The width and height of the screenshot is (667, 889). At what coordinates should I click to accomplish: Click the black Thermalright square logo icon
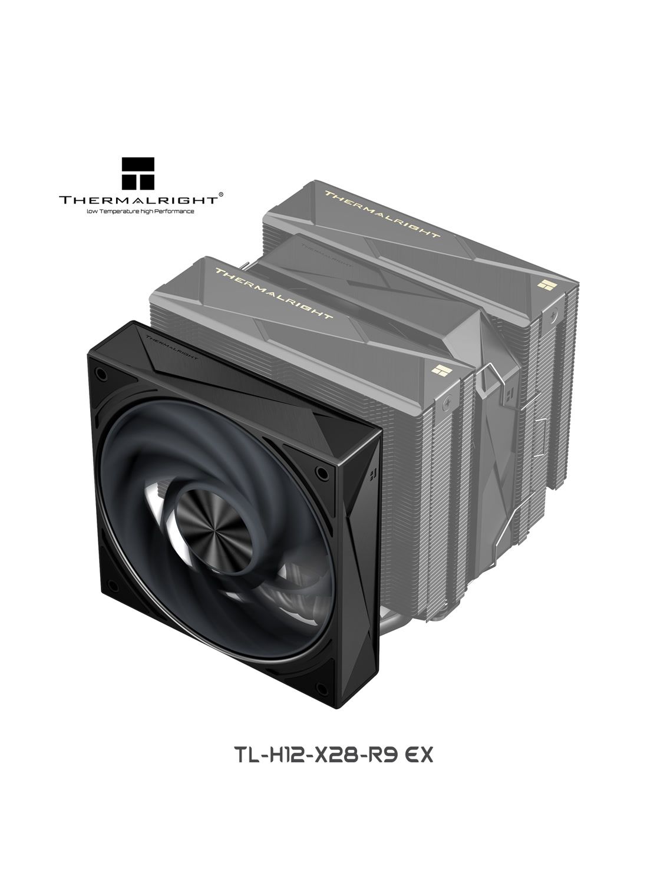(x=138, y=173)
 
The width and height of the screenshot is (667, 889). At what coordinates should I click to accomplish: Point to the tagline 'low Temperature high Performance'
(x=140, y=211)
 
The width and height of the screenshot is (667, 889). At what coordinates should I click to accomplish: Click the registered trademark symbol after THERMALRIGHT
(x=221, y=194)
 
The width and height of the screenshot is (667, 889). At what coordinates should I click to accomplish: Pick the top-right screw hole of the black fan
(x=322, y=472)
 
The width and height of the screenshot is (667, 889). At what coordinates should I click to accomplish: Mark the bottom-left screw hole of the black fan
(x=113, y=586)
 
